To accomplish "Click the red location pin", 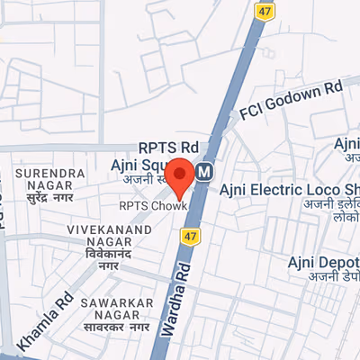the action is [179, 177].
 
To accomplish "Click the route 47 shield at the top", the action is [263, 10].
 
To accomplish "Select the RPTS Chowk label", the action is [152, 205].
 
